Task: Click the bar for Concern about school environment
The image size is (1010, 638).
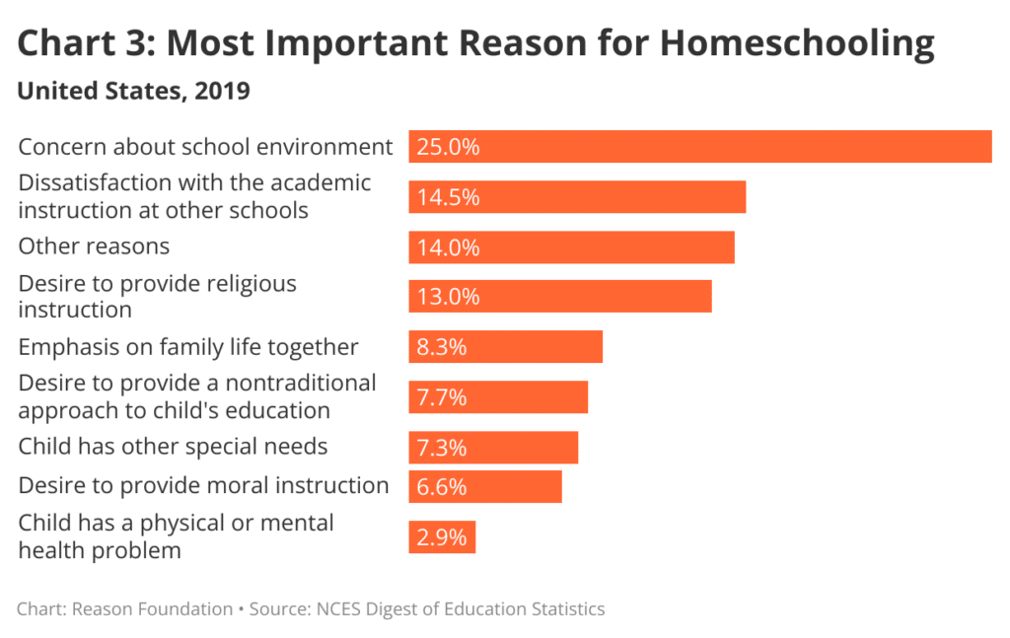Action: (700, 147)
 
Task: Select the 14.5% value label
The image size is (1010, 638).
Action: (448, 197)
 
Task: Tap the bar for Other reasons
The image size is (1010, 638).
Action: (572, 248)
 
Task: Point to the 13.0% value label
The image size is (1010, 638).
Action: (448, 297)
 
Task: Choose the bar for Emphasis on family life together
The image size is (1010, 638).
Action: (505, 347)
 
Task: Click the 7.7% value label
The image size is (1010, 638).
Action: (441, 397)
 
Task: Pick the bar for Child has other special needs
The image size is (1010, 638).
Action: (493, 448)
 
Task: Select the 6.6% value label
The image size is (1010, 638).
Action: (441, 487)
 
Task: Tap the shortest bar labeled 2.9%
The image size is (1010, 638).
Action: (442, 537)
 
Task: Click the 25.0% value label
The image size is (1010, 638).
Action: (448, 147)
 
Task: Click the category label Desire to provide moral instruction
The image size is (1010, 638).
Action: (203, 485)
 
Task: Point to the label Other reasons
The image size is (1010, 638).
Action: (94, 246)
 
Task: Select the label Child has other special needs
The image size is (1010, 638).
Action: (173, 447)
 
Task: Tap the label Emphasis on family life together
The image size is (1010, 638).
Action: (188, 347)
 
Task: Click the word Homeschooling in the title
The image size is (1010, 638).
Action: (797, 43)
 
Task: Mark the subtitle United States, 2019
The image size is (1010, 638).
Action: (134, 92)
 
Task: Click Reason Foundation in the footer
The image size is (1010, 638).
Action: (152, 608)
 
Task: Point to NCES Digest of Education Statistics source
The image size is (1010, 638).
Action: (461, 608)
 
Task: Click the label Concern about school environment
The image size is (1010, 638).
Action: (205, 147)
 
